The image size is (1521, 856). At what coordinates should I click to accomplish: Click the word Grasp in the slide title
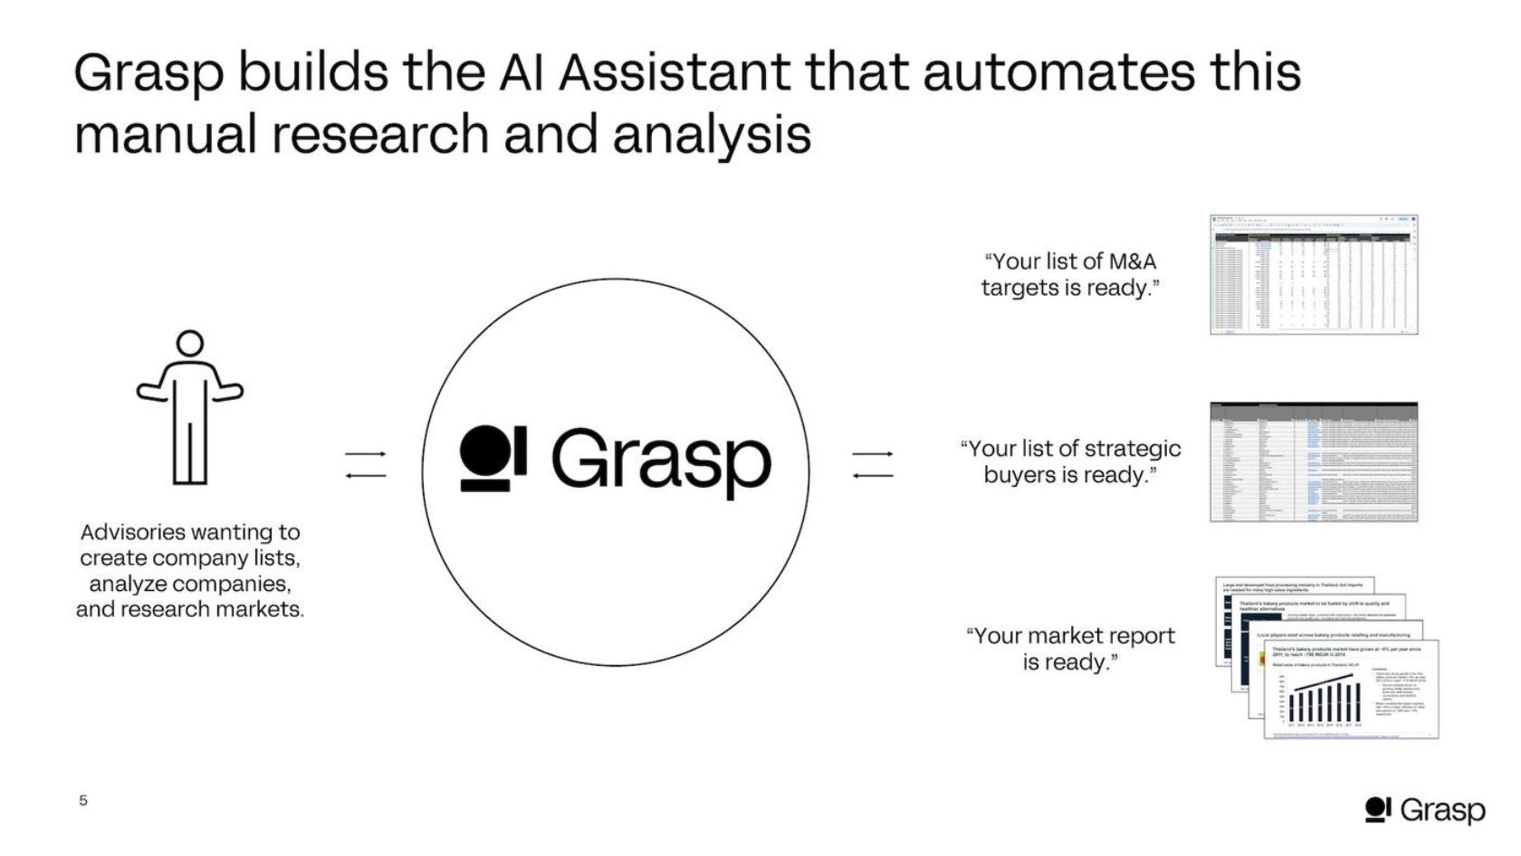148,74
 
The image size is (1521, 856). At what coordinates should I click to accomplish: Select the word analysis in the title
712,135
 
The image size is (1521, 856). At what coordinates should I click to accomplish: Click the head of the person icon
190,344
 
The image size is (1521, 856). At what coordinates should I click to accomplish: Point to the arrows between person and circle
366,464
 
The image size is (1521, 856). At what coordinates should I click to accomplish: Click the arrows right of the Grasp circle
873,464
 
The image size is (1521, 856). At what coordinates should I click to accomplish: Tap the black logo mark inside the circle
493,458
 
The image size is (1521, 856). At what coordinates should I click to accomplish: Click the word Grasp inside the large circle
661,461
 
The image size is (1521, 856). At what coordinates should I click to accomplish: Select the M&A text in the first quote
1132,262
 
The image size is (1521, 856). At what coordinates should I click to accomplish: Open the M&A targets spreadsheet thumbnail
1314,275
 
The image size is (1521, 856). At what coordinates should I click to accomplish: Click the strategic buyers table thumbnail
1314,462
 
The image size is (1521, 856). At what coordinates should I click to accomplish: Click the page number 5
83,800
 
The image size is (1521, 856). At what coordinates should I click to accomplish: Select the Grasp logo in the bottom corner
1425,810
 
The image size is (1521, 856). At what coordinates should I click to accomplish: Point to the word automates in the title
1057,72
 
